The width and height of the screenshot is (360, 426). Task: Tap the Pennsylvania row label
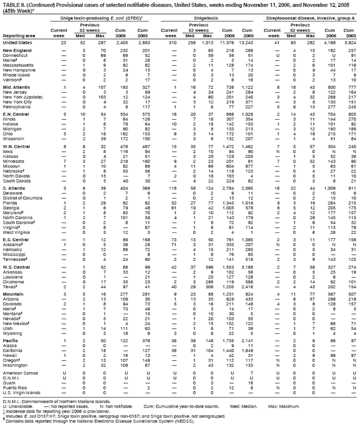click(16, 106)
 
